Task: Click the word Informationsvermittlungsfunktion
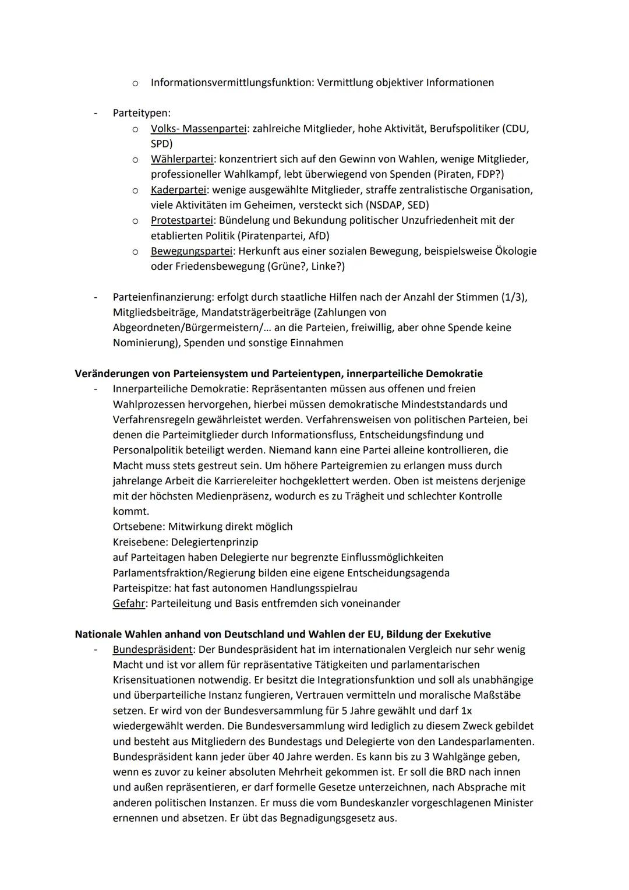click(x=232, y=83)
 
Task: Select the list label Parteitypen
click(x=141, y=113)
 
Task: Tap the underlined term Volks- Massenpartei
click(x=198, y=129)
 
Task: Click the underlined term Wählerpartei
click(x=182, y=159)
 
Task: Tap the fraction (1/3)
click(x=514, y=297)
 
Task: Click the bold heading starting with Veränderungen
click(x=278, y=374)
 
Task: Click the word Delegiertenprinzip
click(x=214, y=542)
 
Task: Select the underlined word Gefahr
click(x=128, y=603)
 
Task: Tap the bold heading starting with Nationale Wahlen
click(x=282, y=634)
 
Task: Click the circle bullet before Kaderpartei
click(x=135, y=190)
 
